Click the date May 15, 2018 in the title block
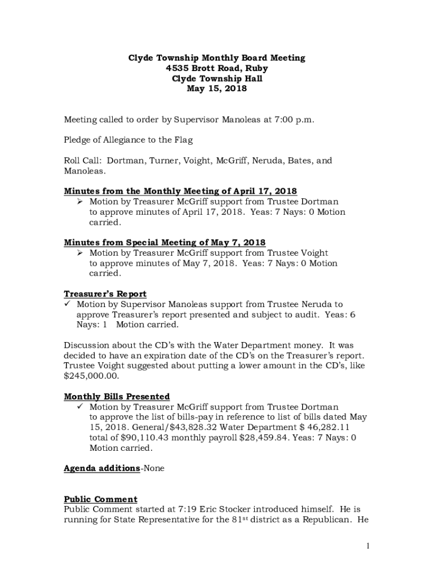point(217,89)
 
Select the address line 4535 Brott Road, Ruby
point(217,68)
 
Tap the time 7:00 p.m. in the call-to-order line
point(294,119)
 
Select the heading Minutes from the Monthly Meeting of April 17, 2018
point(180,191)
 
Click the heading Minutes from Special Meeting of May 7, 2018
point(165,242)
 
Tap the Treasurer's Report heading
point(105,294)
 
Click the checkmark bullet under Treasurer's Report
point(68,304)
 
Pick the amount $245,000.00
point(91,375)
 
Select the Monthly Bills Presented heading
point(117,397)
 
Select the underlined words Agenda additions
point(102,468)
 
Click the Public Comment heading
point(100,499)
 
